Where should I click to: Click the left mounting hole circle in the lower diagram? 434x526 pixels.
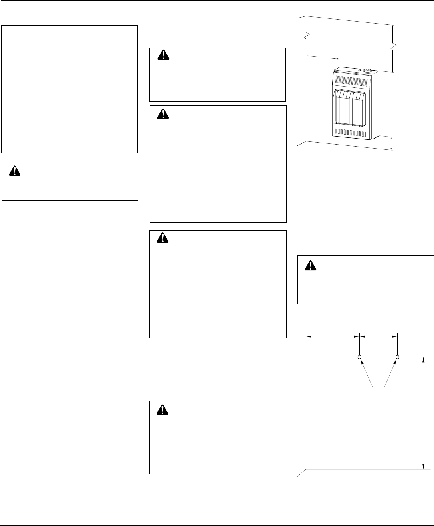coord(359,357)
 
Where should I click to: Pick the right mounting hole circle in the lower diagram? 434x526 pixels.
coord(398,357)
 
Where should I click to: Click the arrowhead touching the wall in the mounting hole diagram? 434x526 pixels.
coord(309,337)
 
